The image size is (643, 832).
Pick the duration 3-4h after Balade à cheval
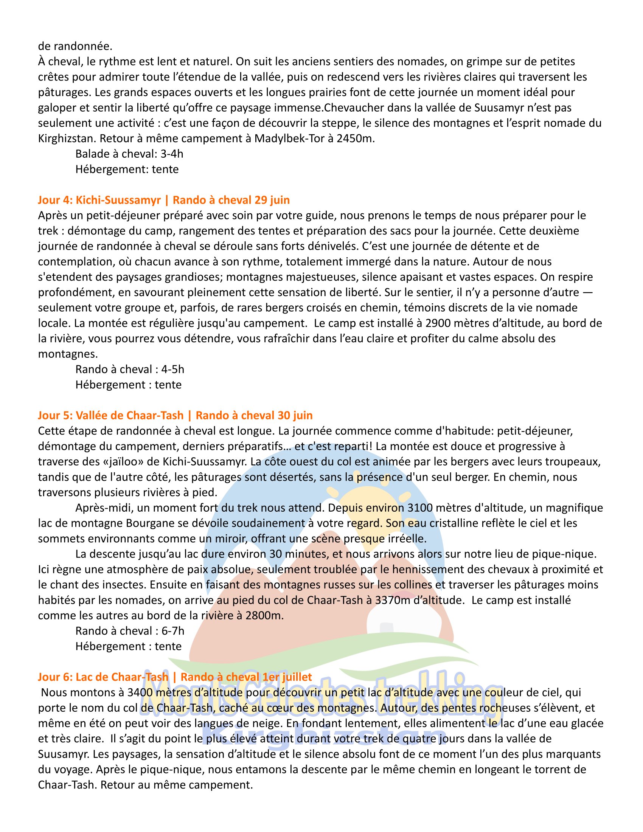tap(172, 154)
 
